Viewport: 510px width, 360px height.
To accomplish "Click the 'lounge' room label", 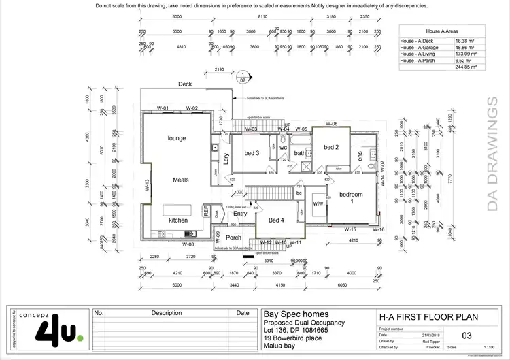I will (x=177, y=138).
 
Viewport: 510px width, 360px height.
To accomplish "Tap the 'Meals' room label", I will (x=180, y=180).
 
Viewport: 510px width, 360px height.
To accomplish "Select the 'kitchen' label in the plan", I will (x=178, y=220).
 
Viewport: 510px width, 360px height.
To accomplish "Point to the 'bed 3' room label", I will (x=252, y=153).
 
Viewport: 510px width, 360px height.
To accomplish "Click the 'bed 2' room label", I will (x=331, y=147).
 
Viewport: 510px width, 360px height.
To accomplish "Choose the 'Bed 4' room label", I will (x=276, y=220).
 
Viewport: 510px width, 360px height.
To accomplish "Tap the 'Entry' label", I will (x=240, y=214).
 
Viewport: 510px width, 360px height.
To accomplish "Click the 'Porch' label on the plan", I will (x=233, y=238).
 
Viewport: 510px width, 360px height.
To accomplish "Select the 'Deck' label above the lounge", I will (x=185, y=84).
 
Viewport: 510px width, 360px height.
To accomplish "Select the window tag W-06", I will (x=331, y=124).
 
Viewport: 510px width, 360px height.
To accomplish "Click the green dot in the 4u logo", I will (x=80, y=337).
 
